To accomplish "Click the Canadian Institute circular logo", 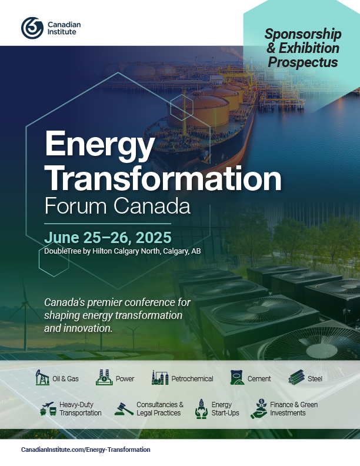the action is pos(32,28).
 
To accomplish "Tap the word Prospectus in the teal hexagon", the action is pos(303,62).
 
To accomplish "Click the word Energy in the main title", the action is pos(100,145).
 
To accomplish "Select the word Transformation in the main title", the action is pos(163,178).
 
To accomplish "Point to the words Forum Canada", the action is pos(117,206).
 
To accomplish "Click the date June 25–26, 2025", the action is pos(108,238).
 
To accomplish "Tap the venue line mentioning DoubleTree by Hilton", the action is pos(122,251).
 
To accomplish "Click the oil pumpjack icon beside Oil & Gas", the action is pos(42,377).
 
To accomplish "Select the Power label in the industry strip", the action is pos(125,379).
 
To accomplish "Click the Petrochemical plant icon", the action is pos(160,378).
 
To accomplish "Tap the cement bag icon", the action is pos(237,378).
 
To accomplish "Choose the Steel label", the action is pos(315,379).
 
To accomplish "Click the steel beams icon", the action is pos(296,378).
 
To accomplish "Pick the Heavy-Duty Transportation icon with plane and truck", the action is pos(48,409).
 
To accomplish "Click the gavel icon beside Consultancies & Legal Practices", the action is pos(124,409).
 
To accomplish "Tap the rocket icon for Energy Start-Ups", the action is pos(201,409).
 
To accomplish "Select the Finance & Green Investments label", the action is pos(294,409).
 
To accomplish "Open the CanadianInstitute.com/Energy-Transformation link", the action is pos(85,450).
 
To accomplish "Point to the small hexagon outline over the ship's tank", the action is pos(181,107).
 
